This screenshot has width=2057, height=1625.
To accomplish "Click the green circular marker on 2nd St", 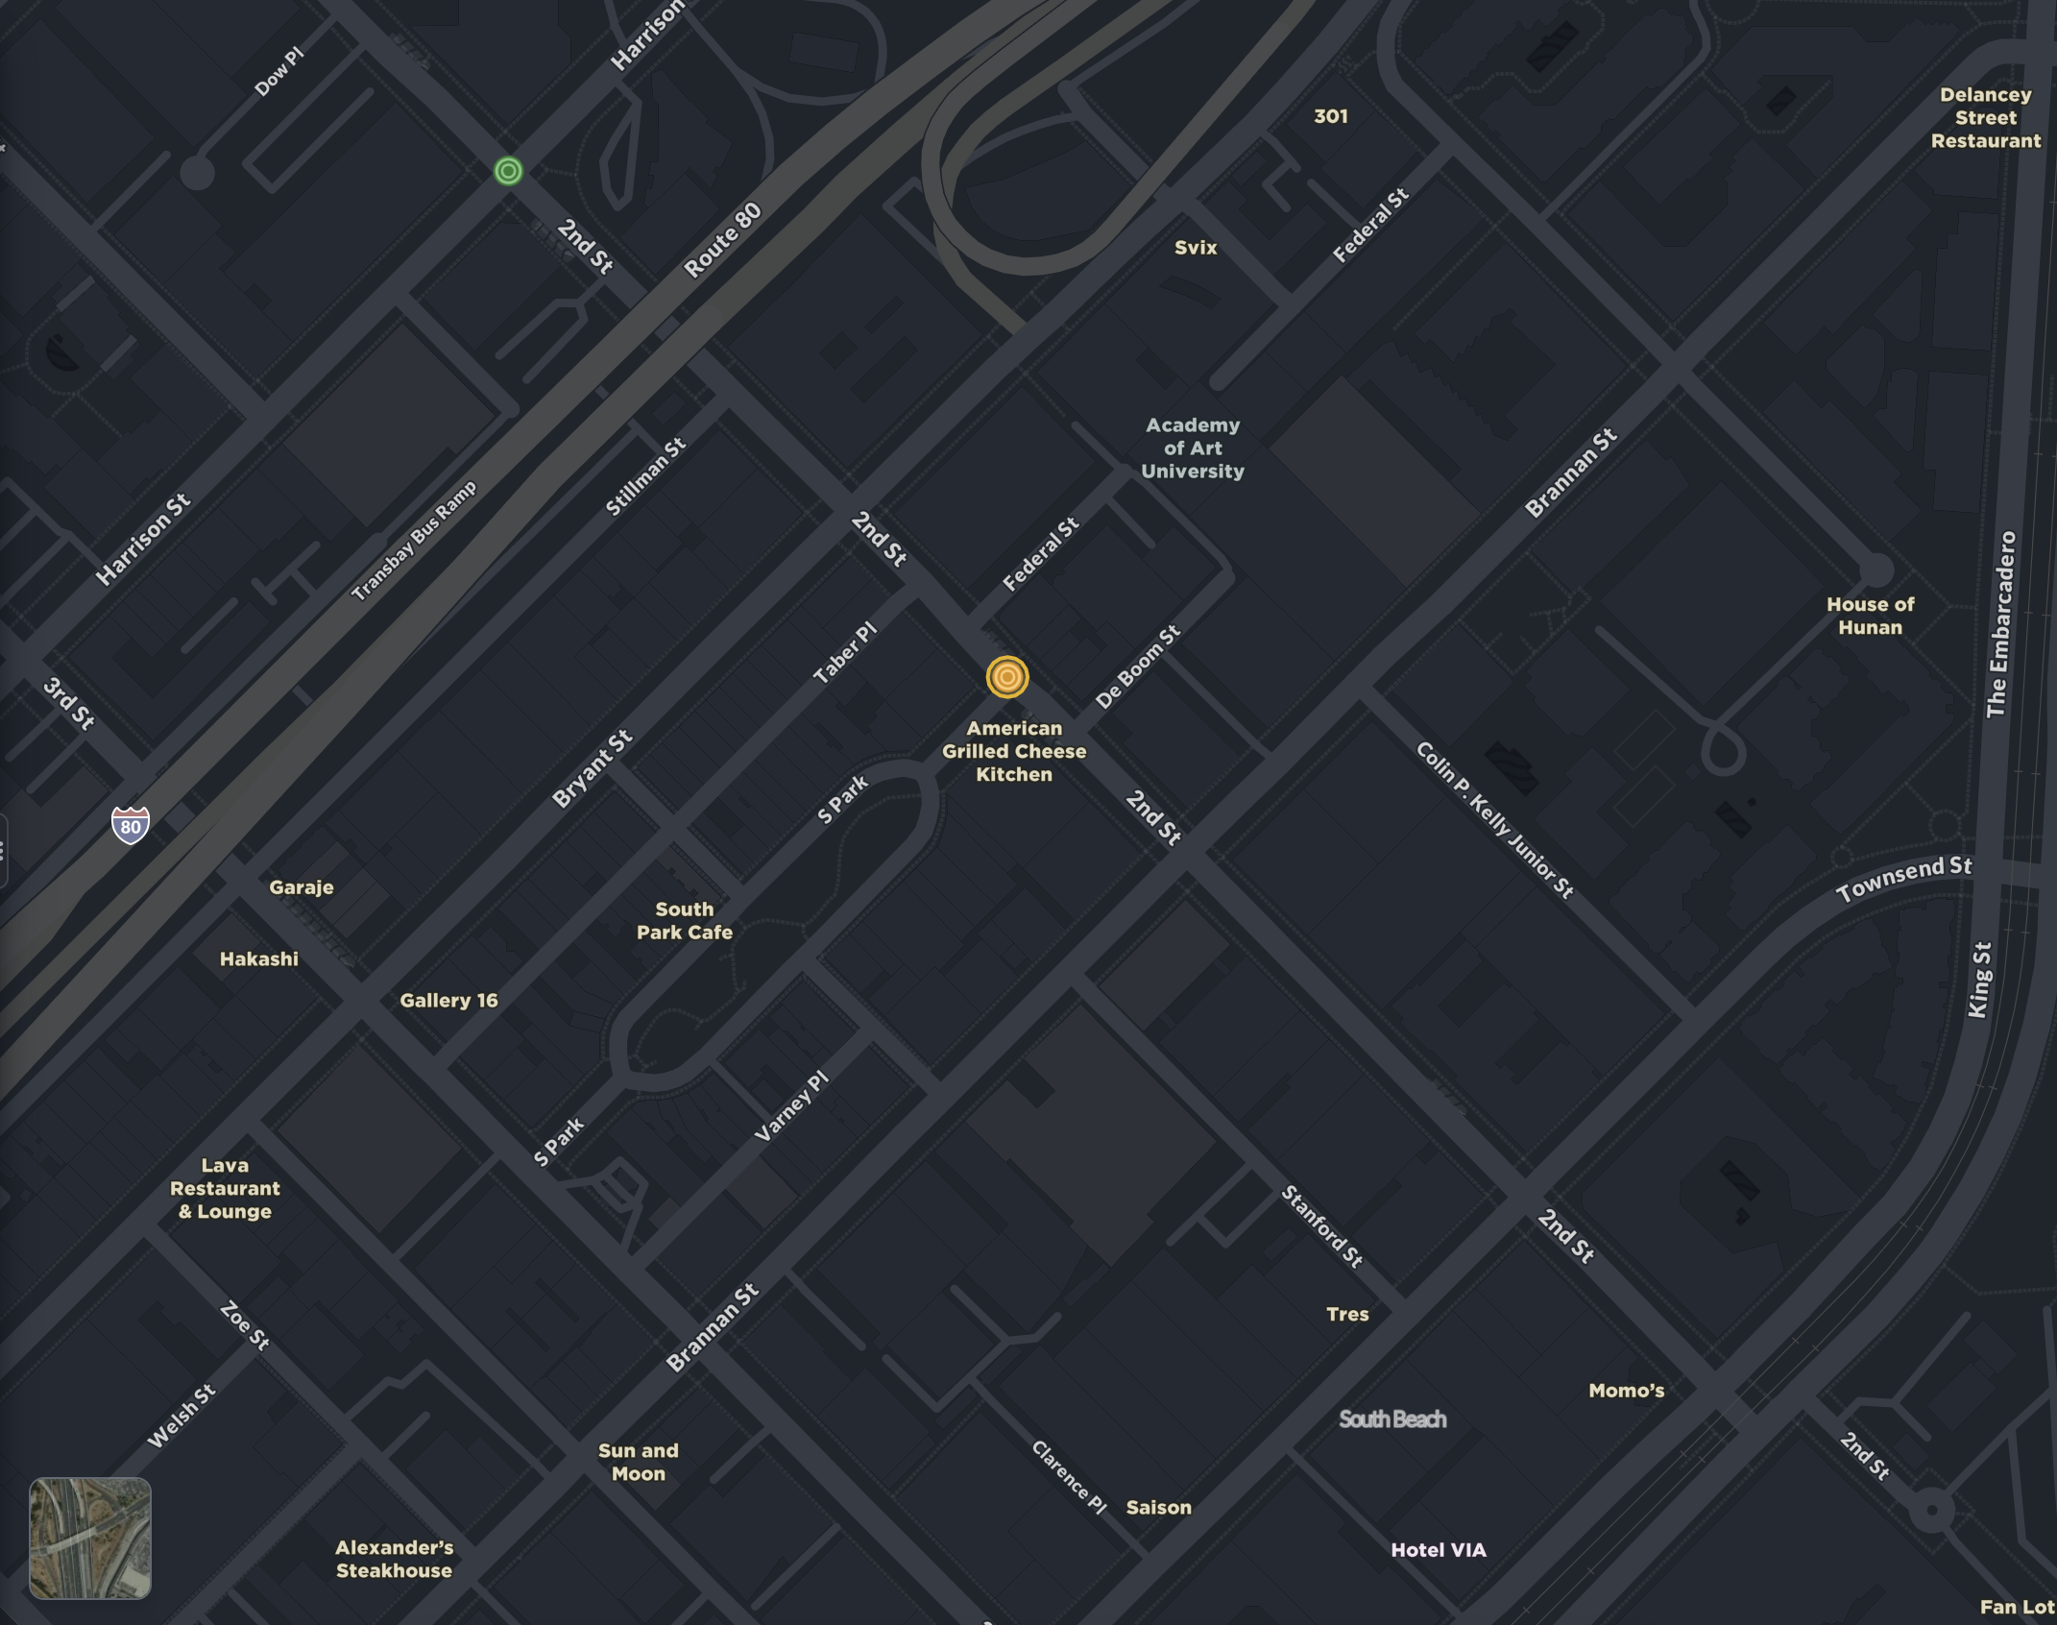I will (x=508, y=171).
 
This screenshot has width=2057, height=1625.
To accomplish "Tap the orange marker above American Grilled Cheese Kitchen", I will (x=1006, y=677).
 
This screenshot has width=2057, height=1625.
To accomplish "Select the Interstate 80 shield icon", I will (x=131, y=825).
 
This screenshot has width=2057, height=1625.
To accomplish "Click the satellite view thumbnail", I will (x=90, y=1538).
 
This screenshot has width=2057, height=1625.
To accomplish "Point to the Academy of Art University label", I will (x=1192, y=449).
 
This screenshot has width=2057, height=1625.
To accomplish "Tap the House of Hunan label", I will (x=1869, y=616).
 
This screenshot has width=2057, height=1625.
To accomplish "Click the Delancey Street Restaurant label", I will (x=1985, y=118).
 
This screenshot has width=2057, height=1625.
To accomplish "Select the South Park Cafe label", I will (x=684, y=920).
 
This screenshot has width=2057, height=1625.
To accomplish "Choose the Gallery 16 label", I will (x=448, y=1000).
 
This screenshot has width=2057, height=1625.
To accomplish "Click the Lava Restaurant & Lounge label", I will (x=225, y=1188).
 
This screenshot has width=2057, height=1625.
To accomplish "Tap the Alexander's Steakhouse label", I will (x=394, y=1559).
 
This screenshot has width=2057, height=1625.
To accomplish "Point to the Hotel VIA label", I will (x=1438, y=1549).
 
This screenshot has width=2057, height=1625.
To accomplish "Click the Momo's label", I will (x=1625, y=1390).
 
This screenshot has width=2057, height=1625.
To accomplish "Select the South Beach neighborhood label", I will (x=1391, y=1419).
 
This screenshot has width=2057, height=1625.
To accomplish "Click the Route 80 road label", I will (x=722, y=241).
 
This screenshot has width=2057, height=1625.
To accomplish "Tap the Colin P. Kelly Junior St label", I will (x=1494, y=819).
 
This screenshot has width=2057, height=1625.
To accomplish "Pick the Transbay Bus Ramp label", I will (x=414, y=542).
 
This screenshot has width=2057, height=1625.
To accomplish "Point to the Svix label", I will (x=1195, y=248).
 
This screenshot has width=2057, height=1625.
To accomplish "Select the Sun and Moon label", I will (x=638, y=1462).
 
